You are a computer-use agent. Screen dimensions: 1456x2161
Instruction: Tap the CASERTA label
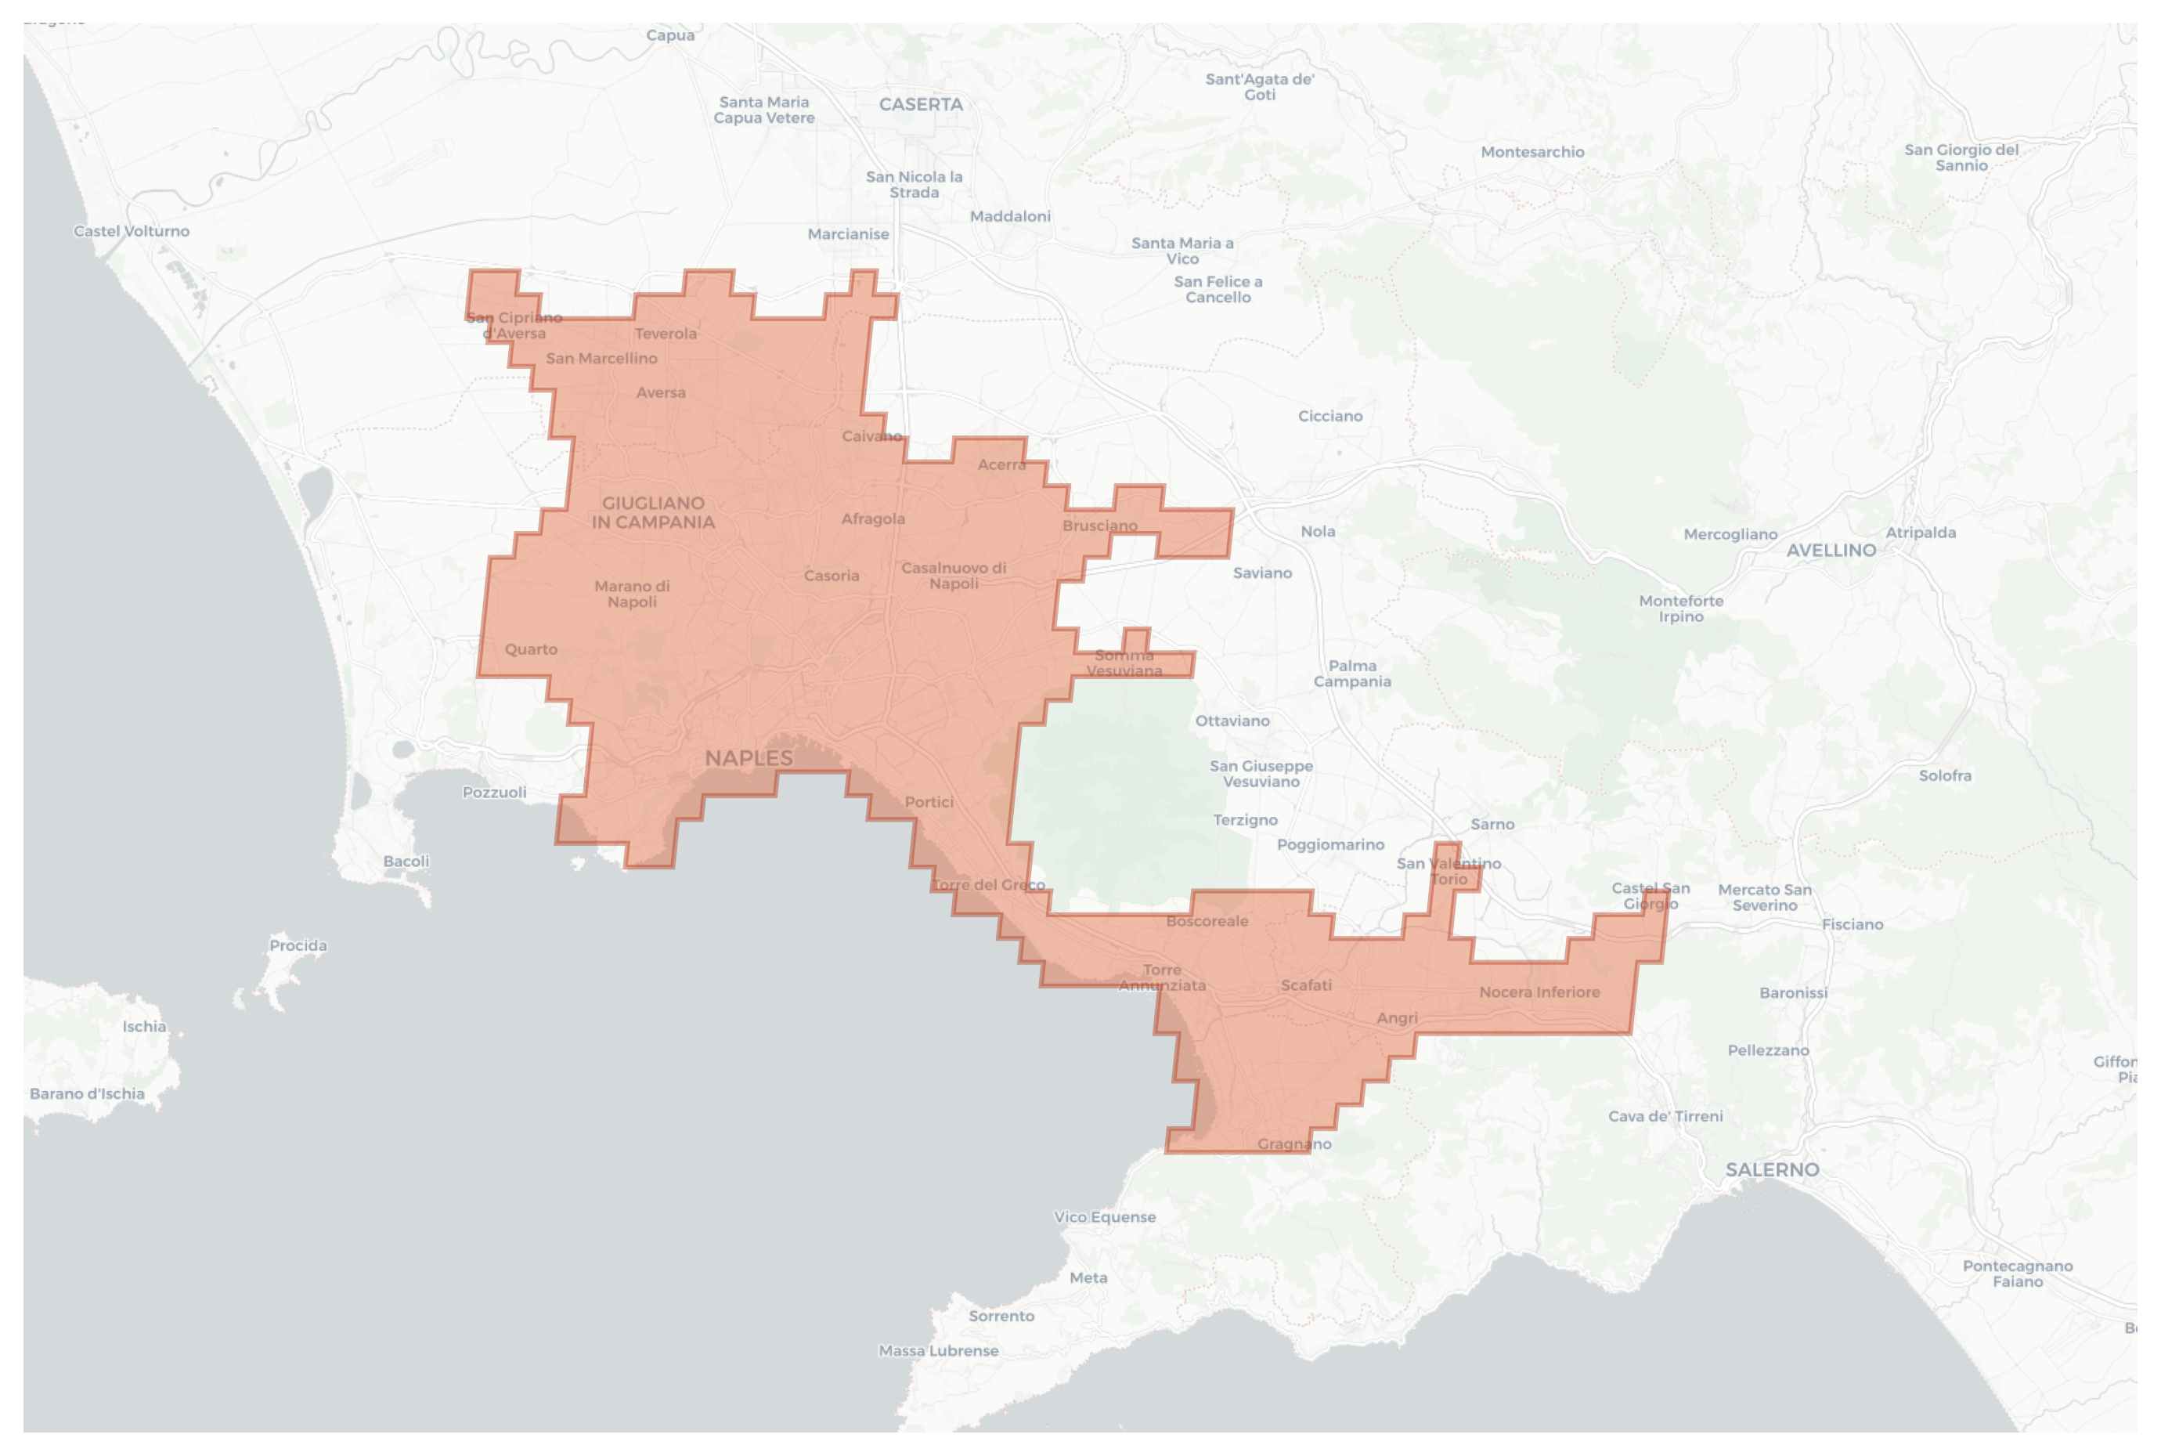tap(920, 105)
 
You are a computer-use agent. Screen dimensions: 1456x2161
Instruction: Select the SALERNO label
tap(1771, 1170)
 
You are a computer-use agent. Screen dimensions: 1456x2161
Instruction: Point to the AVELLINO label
tap(1831, 551)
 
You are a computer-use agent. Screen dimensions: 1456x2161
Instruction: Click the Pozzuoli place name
tap(494, 792)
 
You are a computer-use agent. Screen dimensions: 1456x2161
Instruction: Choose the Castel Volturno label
tap(131, 231)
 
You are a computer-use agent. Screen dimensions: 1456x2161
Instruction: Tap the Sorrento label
tap(1001, 1316)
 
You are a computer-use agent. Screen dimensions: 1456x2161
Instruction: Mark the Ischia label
tap(144, 1026)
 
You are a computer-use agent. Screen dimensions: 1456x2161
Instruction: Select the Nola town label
tap(1317, 531)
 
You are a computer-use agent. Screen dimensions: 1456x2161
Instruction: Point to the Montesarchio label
tap(1531, 152)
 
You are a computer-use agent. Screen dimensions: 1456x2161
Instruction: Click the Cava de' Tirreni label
tap(1665, 1116)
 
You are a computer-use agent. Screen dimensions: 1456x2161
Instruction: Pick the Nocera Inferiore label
tap(1539, 992)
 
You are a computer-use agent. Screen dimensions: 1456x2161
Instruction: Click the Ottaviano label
tap(1232, 721)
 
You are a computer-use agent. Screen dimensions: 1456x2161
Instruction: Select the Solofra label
tap(1945, 775)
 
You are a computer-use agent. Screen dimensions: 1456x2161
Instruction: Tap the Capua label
tap(669, 35)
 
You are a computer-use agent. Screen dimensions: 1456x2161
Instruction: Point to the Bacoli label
tap(406, 861)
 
